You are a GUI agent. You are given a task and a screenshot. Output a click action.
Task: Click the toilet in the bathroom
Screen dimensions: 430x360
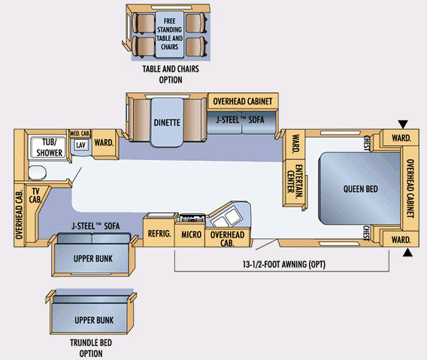click(x=38, y=173)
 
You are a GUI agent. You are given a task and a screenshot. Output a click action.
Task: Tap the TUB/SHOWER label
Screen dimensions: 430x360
click(x=50, y=147)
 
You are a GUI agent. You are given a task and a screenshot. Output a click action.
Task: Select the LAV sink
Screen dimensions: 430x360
click(x=80, y=145)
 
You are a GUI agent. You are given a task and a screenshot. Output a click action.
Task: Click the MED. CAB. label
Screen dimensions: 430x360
click(x=80, y=134)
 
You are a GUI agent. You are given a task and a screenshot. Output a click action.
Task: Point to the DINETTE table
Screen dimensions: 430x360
click(x=167, y=123)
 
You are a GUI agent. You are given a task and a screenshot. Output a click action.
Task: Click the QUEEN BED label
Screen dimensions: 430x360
click(x=361, y=189)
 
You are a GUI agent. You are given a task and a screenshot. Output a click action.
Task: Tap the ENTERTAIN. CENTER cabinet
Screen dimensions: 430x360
click(x=294, y=183)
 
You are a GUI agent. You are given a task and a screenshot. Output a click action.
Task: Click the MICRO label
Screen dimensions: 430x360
click(x=191, y=234)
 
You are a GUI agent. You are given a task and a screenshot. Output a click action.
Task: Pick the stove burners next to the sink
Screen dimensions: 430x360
click(x=192, y=218)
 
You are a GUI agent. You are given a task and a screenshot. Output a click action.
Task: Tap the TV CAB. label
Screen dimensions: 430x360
click(x=35, y=195)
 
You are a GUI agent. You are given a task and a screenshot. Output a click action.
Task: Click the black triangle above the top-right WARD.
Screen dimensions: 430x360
click(x=403, y=124)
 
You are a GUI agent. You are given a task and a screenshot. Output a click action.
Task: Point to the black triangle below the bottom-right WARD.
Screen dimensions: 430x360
click(x=407, y=253)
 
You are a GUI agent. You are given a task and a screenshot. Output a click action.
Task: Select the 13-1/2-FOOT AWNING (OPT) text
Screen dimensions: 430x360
click(x=284, y=265)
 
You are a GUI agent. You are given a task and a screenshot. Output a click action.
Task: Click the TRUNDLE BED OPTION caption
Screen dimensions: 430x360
click(x=91, y=348)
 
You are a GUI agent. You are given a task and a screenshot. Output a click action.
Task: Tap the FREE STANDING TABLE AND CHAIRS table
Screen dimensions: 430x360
click(x=169, y=35)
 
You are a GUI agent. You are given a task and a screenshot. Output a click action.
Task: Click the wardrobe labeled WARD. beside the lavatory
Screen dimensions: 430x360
click(x=104, y=144)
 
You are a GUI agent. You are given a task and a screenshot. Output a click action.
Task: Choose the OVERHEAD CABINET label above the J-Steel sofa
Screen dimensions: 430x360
click(x=243, y=101)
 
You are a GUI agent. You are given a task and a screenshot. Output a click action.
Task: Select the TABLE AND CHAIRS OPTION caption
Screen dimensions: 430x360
click(x=171, y=74)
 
